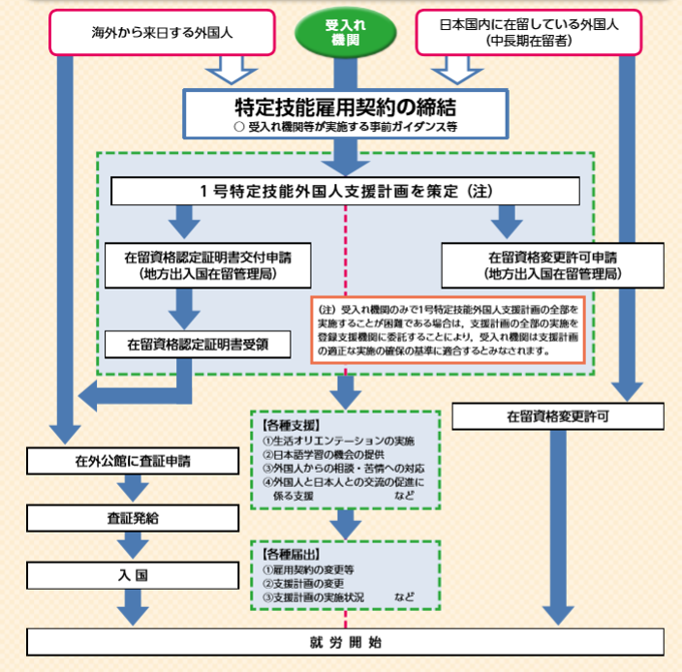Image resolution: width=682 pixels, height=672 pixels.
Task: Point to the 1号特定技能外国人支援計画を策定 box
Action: click(x=346, y=191)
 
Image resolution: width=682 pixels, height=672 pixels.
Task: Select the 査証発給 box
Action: click(x=133, y=518)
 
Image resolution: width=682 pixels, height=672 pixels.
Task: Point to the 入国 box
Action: click(x=133, y=573)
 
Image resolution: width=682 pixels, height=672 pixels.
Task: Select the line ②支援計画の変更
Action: click(x=309, y=584)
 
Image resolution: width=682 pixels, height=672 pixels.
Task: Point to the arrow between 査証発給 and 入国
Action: click(x=133, y=545)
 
